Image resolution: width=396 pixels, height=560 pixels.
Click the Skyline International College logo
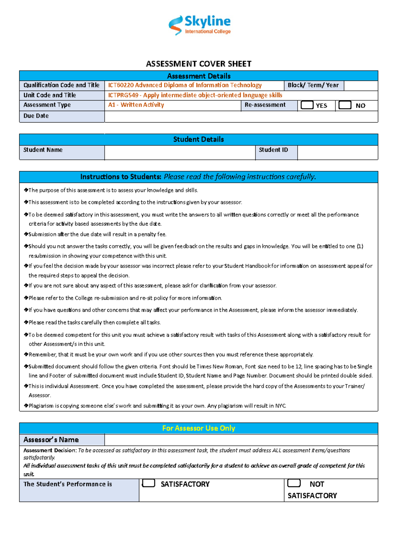[x=199, y=25]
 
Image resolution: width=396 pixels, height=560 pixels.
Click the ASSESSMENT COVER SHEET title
[x=198, y=64]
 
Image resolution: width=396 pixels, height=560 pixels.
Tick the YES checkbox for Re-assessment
[x=307, y=105]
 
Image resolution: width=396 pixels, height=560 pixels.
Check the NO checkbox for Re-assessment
[x=345, y=105]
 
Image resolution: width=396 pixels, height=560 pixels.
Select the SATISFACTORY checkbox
[x=148, y=483]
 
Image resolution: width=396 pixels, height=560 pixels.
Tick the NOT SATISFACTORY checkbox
[x=294, y=483]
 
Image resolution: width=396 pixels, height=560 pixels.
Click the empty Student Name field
[x=180, y=153]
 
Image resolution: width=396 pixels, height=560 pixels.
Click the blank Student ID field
[x=337, y=153]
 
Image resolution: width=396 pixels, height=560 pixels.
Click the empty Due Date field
[x=241, y=117]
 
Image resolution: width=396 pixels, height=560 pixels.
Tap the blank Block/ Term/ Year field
[x=360, y=86]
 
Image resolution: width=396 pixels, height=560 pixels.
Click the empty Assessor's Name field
[x=241, y=440]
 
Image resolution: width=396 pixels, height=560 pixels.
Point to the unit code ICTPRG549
[x=123, y=95]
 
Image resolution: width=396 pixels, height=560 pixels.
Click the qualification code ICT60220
[x=120, y=85]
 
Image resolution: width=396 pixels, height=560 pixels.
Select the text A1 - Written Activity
[x=136, y=105]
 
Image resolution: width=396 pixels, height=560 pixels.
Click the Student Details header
[x=198, y=139]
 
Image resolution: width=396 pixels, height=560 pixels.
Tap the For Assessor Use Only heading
[x=198, y=428]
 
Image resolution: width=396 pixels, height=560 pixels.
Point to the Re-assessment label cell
[x=265, y=105]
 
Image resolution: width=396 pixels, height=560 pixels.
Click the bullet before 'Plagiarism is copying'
[x=26, y=405]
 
